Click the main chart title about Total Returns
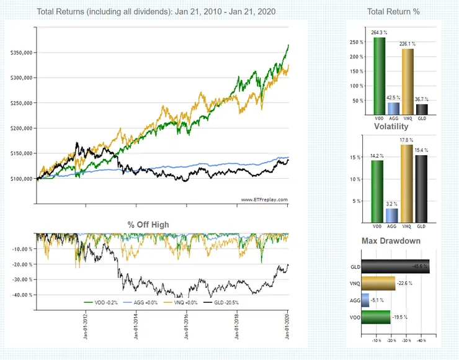click(156, 12)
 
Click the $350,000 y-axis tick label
click(22, 53)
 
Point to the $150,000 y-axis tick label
click(22, 153)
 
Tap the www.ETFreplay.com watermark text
click(264, 199)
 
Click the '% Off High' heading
click(148, 224)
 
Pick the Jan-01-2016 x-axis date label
click(187, 325)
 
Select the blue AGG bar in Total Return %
click(393, 109)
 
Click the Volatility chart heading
click(391, 127)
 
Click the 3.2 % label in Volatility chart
click(393, 203)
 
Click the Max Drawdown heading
click(391, 241)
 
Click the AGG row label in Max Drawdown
click(355, 300)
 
